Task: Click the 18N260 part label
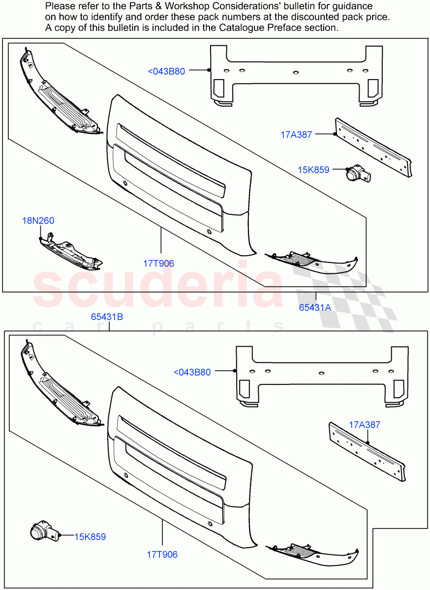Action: [x=38, y=221]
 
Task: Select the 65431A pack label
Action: [x=315, y=308]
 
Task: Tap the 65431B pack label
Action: [x=107, y=317]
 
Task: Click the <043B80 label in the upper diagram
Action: [x=166, y=71]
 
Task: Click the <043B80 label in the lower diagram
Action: [x=192, y=372]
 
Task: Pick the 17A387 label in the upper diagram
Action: [x=296, y=134]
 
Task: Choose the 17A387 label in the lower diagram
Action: [x=365, y=425]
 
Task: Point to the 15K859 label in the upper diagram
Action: [x=313, y=170]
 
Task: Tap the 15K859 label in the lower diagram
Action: [x=90, y=537]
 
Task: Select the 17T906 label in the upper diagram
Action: [x=158, y=264]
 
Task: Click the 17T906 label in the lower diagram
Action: [x=162, y=555]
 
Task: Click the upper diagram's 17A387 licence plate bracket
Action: [x=372, y=147]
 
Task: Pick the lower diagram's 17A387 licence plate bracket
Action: [x=367, y=451]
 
